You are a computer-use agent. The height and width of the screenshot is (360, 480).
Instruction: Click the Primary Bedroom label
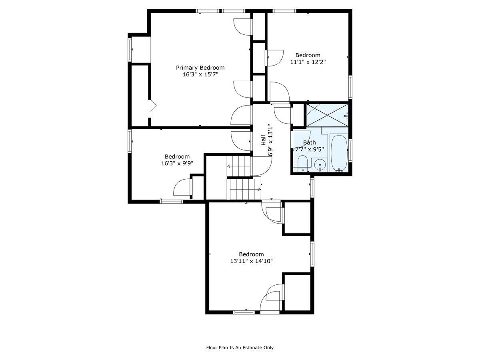(200, 68)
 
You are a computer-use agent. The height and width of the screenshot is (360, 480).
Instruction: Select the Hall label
(264, 140)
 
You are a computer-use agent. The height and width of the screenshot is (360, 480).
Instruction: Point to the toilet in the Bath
(303, 163)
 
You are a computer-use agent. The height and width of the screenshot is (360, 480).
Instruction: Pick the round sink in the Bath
(320, 164)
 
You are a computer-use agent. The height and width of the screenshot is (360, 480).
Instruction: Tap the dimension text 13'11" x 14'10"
(251, 261)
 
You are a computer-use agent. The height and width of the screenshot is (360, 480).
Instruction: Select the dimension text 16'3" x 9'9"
(177, 163)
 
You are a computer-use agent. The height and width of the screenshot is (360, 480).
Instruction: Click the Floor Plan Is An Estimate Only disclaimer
(240, 348)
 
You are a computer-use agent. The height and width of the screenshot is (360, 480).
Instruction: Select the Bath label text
(309, 142)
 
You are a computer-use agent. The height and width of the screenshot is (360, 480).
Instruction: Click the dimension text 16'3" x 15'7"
(200, 74)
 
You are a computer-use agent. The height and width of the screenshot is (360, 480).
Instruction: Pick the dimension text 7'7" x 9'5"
(309, 149)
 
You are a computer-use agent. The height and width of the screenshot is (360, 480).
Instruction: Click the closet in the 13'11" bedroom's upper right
(297, 218)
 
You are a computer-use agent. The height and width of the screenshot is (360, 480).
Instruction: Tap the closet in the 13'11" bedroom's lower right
(297, 292)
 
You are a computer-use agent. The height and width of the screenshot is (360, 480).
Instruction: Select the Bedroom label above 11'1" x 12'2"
(308, 55)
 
